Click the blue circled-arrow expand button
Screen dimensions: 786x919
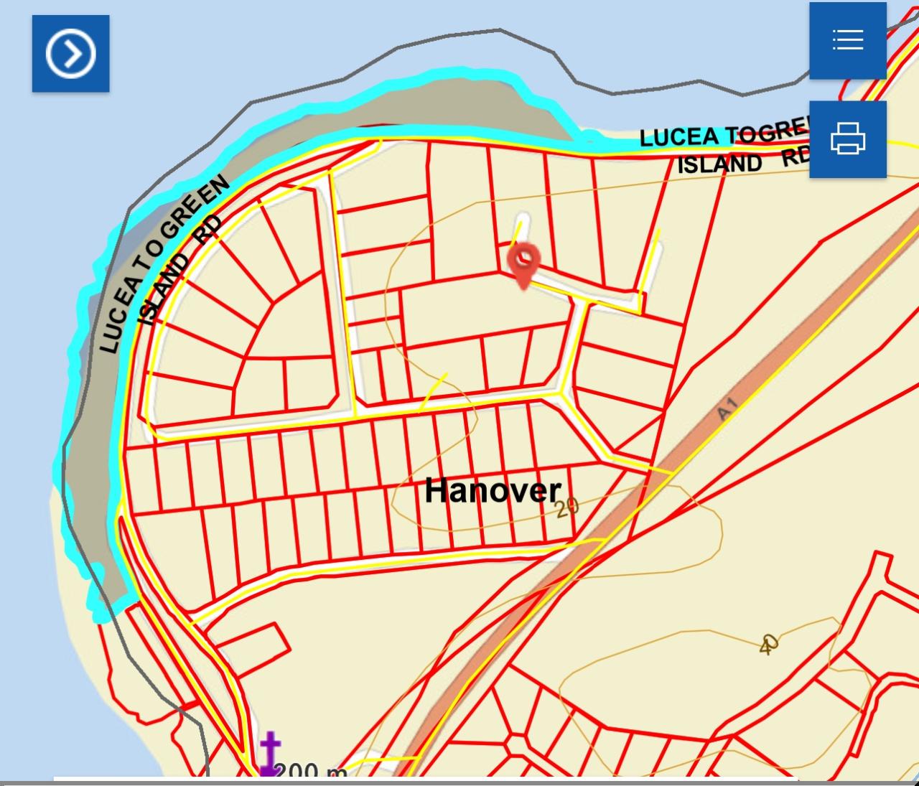[x=70, y=53]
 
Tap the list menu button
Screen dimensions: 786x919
[x=847, y=40]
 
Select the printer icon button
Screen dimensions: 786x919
[x=847, y=139]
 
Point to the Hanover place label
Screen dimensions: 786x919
[x=493, y=491]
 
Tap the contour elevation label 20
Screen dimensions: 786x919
[x=566, y=507]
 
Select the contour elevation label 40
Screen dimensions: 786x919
[x=768, y=643]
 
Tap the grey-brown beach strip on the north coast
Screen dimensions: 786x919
[x=431, y=108]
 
